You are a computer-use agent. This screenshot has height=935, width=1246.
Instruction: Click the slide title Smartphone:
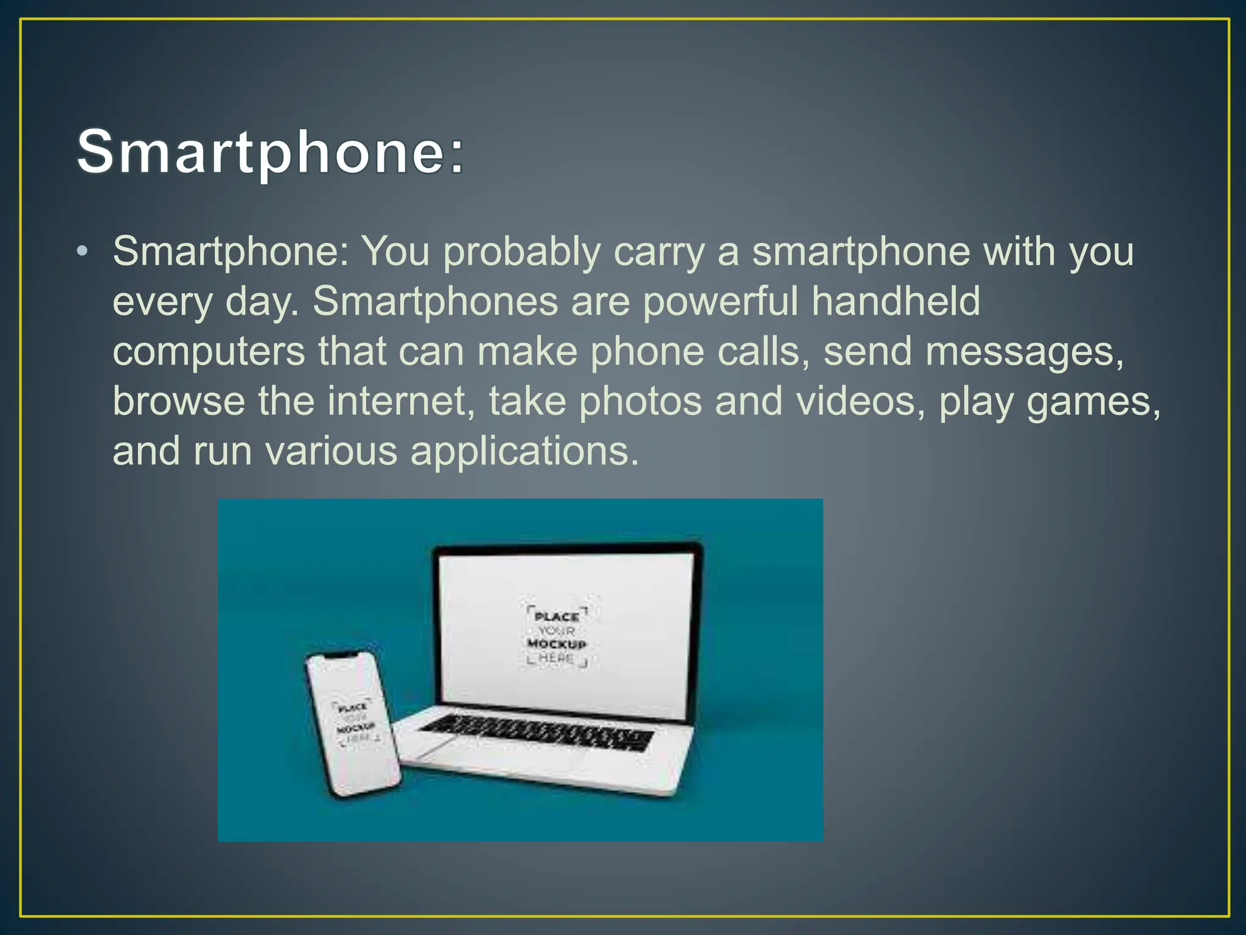tap(270, 152)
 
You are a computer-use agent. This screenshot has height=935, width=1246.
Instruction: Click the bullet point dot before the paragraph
tap(83, 251)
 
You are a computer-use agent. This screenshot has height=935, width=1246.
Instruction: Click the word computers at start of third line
tap(209, 352)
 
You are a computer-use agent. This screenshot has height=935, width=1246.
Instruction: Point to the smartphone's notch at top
tap(343, 655)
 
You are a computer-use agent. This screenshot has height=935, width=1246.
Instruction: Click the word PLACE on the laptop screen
tap(556, 617)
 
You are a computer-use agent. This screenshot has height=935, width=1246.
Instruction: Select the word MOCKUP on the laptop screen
tap(556, 644)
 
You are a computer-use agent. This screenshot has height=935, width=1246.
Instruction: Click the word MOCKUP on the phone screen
tap(356, 728)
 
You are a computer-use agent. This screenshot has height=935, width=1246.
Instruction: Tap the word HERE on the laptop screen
tap(556, 658)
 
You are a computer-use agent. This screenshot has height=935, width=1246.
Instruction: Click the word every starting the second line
tap(162, 303)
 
